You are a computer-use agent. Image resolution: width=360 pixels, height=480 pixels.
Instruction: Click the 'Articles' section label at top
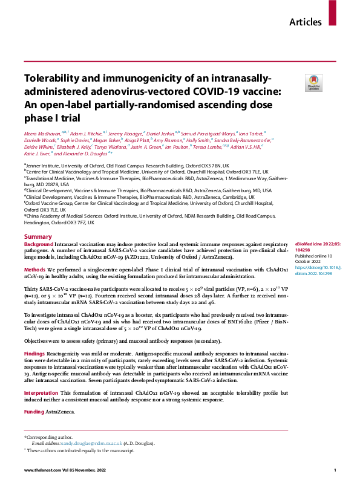coord(306,22)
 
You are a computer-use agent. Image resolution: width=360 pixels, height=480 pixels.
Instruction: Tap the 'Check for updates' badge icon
coord(313,82)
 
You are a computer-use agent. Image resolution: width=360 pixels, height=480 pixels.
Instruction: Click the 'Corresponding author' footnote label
coord(48,436)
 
